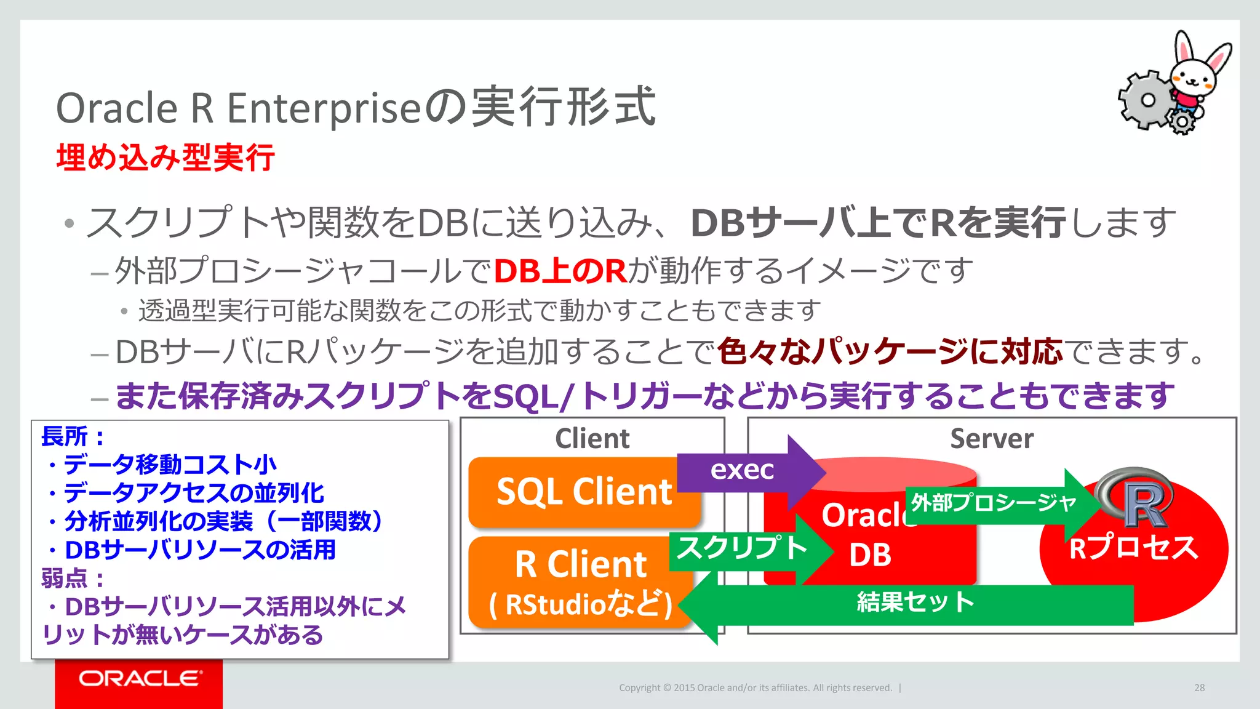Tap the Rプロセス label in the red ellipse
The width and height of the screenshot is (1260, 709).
click(x=1133, y=548)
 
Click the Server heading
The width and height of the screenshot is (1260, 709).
click(x=991, y=439)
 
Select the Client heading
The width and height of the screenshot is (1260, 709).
click(x=592, y=439)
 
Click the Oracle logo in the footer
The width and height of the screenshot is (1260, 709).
click(x=139, y=679)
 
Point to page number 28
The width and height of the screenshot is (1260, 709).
click(x=1199, y=688)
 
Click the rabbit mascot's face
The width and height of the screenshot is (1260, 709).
click(x=1192, y=77)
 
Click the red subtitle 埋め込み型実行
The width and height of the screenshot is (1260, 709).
click(x=165, y=158)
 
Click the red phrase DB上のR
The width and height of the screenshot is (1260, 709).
click(x=560, y=271)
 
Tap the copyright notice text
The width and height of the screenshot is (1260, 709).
click(x=755, y=688)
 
